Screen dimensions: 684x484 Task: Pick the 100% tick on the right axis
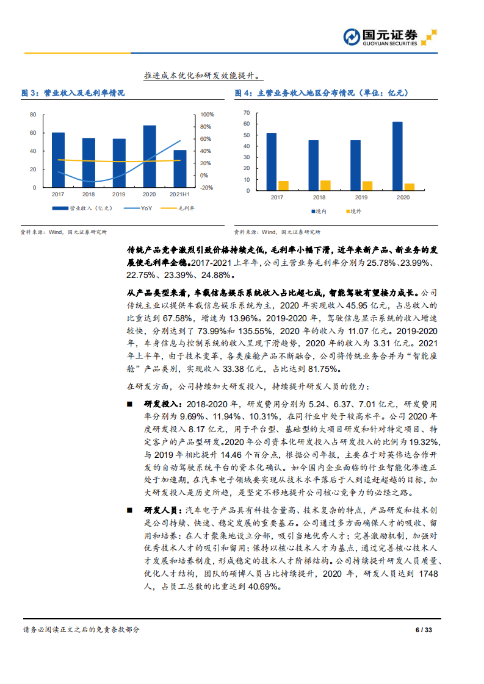[x=207, y=115]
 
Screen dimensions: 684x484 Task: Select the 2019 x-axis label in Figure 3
[x=119, y=194]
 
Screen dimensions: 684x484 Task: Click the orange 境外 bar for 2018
[x=325, y=185]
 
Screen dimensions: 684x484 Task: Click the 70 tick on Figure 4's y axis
[x=247, y=113]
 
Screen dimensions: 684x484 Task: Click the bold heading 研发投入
[x=161, y=404]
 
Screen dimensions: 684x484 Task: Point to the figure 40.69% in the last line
[x=263, y=586]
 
